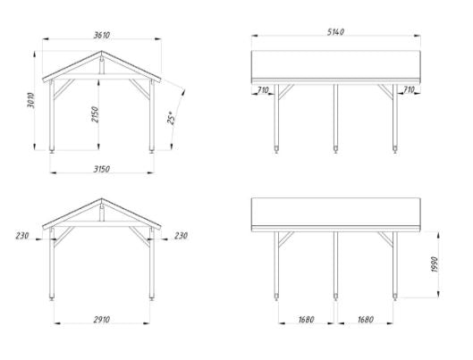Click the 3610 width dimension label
pyautogui.click(x=102, y=35)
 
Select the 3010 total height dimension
pyautogui.click(x=30, y=100)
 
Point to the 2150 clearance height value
pyautogui.click(x=95, y=114)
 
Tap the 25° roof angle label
pyautogui.click(x=171, y=118)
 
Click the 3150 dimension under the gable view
pyautogui.click(x=102, y=169)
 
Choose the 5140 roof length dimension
pyautogui.click(x=335, y=32)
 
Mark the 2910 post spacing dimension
pyautogui.click(x=102, y=319)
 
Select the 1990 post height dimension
pyautogui.click(x=435, y=264)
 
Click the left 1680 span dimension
pyautogui.click(x=306, y=319)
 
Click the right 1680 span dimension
pyautogui.click(x=366, y=319)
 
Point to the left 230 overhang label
pyautogui.click(x=22, y=236)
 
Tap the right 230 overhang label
pyautogui.click(x=181, y=236)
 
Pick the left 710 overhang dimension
pyautogui.click(x=263, y=90)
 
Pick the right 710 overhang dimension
pyautogui.click(x=409, y=89)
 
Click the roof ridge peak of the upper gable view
pyautogui.click(x=102, y=51)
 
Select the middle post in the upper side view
pyautogui.click(x=335, y=118)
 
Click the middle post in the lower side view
pyautogui.click(x=335, y=265)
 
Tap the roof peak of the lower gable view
pyautogui.click(x=102, y=198)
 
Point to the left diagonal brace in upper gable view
pyautogui.click(x=64, y=88)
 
